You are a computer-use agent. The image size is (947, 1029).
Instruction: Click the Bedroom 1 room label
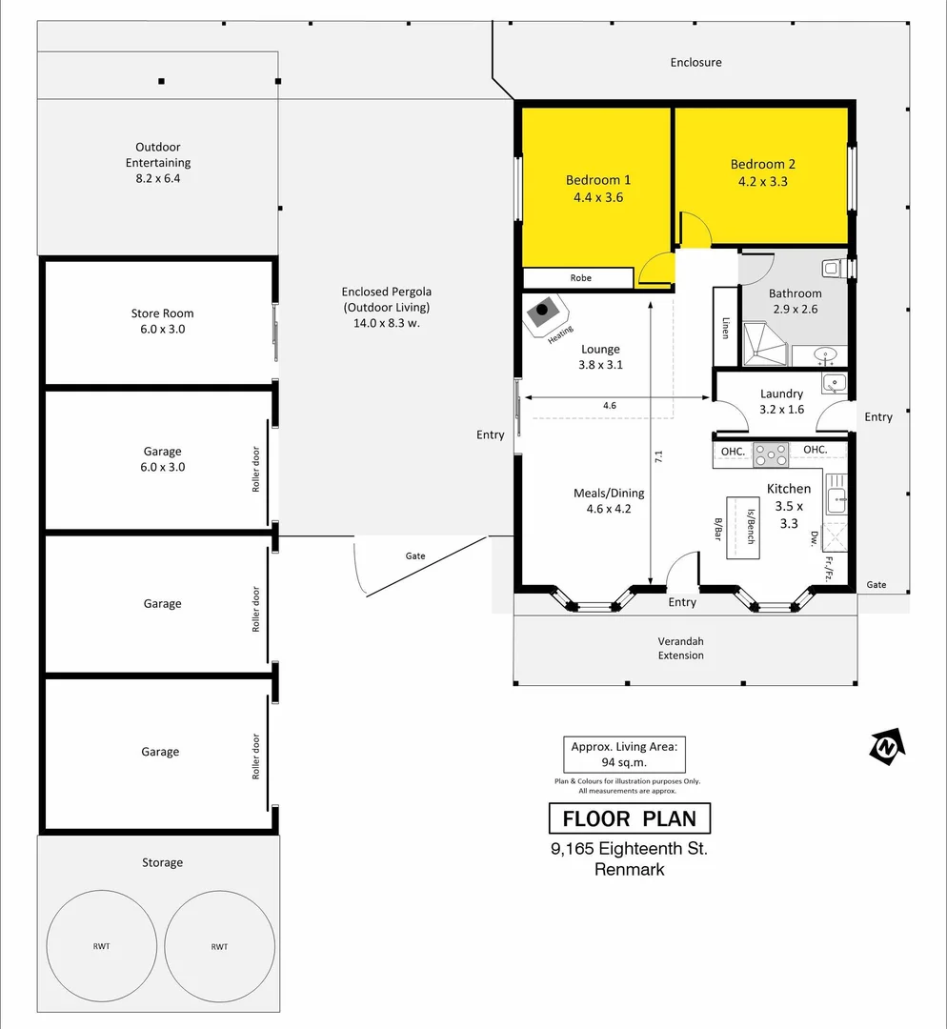(598, 180)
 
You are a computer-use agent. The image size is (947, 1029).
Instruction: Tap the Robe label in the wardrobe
(580, 278)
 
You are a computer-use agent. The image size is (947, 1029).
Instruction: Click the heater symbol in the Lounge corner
(544, 312)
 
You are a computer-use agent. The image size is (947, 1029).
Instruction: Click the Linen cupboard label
(725, 328)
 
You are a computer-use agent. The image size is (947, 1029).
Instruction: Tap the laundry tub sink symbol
(835, 383)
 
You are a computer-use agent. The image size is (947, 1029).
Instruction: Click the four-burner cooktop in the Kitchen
(771, 454)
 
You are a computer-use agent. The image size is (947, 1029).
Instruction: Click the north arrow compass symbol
(886, 746)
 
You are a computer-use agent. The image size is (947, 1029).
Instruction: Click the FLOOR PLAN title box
(629, 818)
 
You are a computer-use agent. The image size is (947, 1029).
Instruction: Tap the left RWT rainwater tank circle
(102, 945)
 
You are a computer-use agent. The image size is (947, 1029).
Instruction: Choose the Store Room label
(162, 313)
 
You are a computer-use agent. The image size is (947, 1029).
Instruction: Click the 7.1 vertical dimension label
(657, 456)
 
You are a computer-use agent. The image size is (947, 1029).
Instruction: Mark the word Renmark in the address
(629, 869)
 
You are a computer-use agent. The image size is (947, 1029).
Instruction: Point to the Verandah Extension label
(681, 648)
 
